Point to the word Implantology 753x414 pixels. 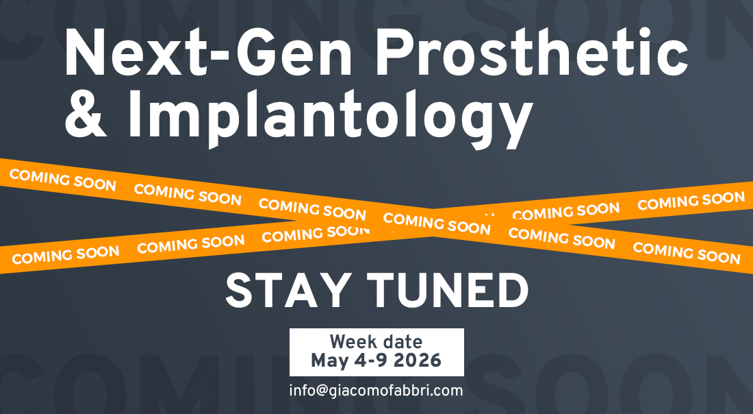(331, 118)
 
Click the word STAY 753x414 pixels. (286, 291)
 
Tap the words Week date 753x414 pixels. (376, 342)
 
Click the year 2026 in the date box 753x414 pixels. (417, 361)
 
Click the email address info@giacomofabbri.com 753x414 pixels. (376, 391)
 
